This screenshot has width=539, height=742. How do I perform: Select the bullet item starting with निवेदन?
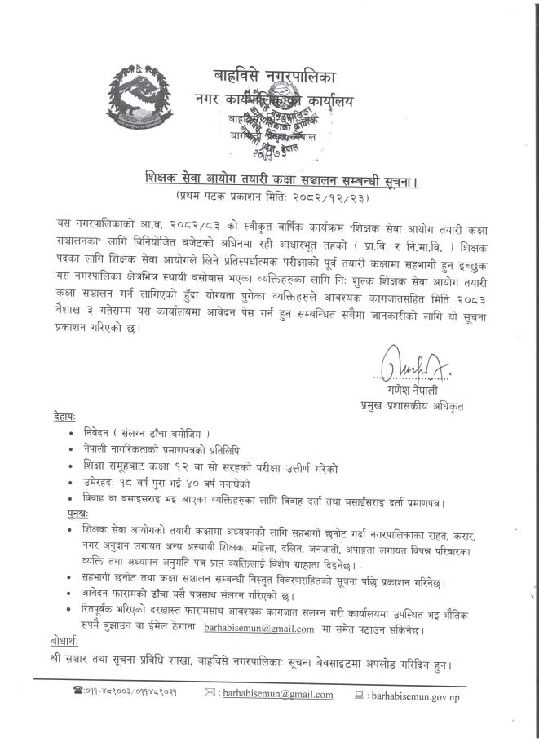pos(152,431)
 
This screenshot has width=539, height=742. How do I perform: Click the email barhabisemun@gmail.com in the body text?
pos(259,629)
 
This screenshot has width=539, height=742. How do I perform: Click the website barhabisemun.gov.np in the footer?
pos(425,695)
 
